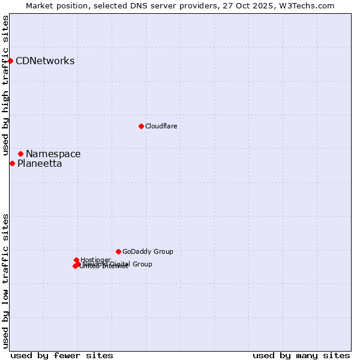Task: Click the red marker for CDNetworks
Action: point(10,61)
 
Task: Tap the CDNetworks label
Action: point(45,61)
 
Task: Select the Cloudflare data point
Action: point(141,126)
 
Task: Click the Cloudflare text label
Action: point(161,126)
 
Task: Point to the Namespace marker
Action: point(20,154)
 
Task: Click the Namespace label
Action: point(53,154)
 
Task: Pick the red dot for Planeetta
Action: point(12,163)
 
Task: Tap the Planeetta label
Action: point(40,164)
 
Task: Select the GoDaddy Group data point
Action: point(118,251)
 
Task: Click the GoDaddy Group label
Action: point(148,251)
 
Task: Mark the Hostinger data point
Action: point(76,260)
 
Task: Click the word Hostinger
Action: point(96,260)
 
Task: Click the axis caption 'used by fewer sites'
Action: point(62,355)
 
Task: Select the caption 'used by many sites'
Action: point(301,355)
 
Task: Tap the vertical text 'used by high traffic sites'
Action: point(5,86)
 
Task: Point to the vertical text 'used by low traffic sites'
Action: point(5,281)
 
